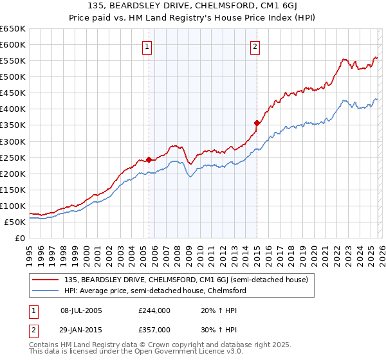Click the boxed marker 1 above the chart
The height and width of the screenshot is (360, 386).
pyautogui.click(x=147, y=46)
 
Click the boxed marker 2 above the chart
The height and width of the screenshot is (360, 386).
pyautogui.click(x=255, y=46)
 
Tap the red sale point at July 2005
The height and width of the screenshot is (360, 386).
pyautogui.click(x=149, y=159)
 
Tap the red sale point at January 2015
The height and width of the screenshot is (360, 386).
pyautogui.click(x=257, y=123)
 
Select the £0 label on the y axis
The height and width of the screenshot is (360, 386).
pyautogui.click(x=21, y=239)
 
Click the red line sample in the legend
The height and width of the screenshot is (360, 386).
pyautogui.click(x=46, y=280)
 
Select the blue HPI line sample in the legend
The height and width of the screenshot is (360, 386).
pyautogui.click(x=46, y=291)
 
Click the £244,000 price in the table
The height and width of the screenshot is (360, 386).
pyautogui.click(x=154, y=310)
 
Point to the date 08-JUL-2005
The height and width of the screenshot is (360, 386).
pyautogui.click(x=86, y=310)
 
